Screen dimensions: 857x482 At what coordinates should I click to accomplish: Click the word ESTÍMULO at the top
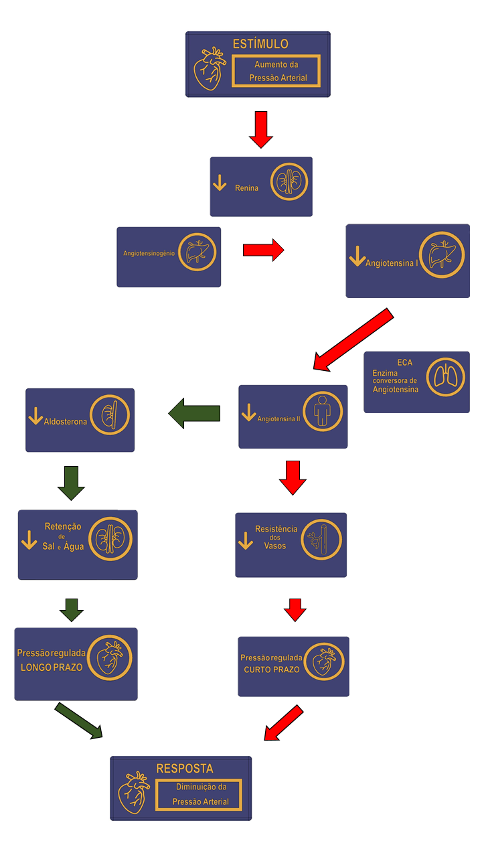coord(260,44)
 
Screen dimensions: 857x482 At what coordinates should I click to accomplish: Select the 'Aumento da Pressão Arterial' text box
coord(276,71)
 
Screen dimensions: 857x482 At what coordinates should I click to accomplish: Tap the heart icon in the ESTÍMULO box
coord(210,68)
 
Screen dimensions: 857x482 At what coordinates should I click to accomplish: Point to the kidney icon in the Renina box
coord(289,181)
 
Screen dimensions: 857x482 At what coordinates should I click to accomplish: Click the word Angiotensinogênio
coord(149,254)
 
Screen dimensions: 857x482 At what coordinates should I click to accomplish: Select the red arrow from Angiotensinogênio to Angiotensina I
coord(263,250)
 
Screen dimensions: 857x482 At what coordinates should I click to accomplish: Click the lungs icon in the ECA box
coord(445,377)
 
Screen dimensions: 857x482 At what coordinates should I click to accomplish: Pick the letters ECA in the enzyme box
coord(405,362)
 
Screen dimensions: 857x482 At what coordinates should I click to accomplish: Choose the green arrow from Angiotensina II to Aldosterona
coord(194,414)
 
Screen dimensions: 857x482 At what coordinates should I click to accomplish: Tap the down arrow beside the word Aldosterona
coord(35,416)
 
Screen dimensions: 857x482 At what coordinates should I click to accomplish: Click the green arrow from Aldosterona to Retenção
coord(71,483)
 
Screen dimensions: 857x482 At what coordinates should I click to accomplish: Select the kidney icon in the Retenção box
coord(110,539)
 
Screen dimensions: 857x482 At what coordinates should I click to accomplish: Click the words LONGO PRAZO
coord(52,668)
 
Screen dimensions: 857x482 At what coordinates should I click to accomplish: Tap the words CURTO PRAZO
coord(271,670)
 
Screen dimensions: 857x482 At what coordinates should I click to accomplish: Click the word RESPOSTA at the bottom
coord(185,769)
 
